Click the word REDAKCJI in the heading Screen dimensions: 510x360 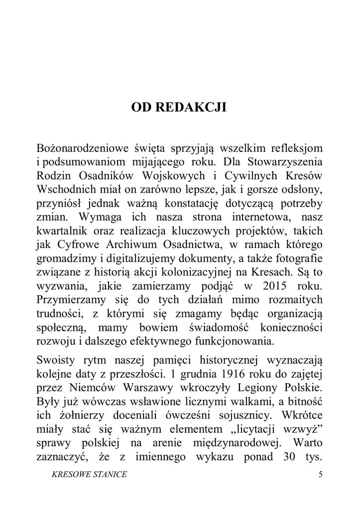point(193,107)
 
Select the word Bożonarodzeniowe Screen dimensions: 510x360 point(81,148)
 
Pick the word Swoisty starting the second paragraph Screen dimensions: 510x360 point(55,346)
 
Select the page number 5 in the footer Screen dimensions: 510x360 point(320,475)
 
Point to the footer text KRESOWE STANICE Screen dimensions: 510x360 point(89,475)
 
